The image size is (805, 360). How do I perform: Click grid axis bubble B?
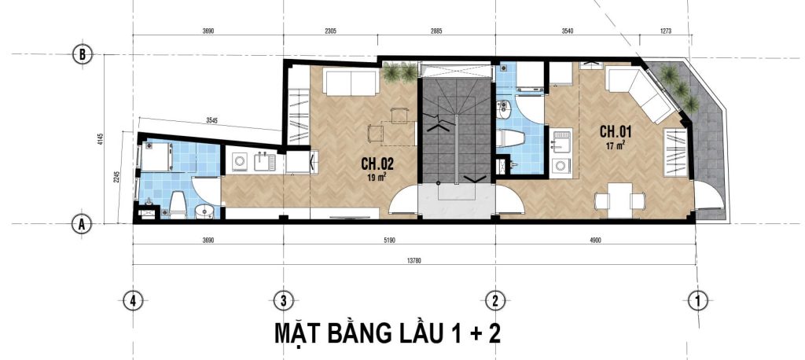pos(82,54)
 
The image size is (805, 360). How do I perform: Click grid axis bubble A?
pos(82,224)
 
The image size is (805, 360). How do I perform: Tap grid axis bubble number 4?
pos(133,300)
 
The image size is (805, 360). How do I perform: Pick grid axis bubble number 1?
pos(698,300)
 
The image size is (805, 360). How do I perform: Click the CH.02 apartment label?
pos(377,163)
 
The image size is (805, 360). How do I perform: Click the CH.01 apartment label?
pos(616,131)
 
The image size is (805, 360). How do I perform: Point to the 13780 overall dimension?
pos(414,261)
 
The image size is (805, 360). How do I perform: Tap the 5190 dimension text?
pos(389,240)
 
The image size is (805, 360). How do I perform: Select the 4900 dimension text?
pos(595,240)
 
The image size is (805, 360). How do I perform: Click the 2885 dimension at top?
pos(436,31)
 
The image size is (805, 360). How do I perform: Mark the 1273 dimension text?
pos(666,31)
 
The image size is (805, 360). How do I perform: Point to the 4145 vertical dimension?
pos(101,140)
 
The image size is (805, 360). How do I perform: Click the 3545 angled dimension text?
pos(211,121)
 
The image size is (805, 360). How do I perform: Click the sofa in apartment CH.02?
pos(351,83)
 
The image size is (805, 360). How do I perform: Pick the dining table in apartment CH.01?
pos(619,200)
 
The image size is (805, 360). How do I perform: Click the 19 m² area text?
pos(377,178)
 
